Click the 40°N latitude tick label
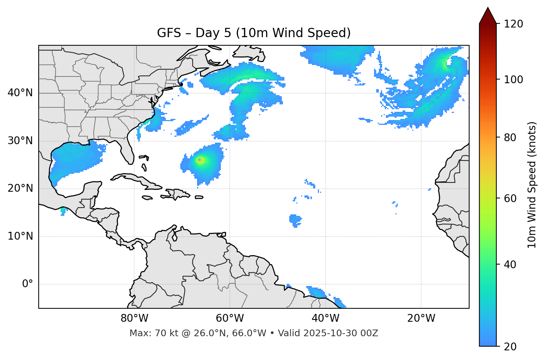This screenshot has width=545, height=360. pos(20,93)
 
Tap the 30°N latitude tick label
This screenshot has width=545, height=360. pos(20,141)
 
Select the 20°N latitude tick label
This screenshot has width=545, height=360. pos(20,188)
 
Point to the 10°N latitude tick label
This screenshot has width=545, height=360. pos(20,236)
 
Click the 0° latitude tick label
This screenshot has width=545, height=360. pos(28,284)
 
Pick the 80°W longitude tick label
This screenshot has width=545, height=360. pos(134,318)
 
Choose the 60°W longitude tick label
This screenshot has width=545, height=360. pos(230,318)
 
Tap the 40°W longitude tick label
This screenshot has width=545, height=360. pos(325,318)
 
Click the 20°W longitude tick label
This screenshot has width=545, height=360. pos(421,318)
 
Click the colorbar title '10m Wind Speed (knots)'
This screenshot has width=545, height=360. pos(532,185)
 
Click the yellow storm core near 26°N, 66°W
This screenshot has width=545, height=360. pos(200,160)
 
